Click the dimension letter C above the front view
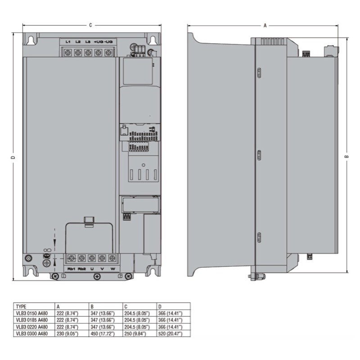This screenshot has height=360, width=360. click(x=90, y=25)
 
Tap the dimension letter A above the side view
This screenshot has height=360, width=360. click(x=265, y=26)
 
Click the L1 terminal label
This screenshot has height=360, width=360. click(x=68, y=42)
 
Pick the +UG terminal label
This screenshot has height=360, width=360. click(x=98, y=42)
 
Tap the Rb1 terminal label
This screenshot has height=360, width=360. click(x=71, y=269)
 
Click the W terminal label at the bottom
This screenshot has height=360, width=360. click(x=112, y=269)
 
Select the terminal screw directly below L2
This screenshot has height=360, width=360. click(x=78, y=53)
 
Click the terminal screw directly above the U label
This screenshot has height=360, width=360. click(x=92, y=258)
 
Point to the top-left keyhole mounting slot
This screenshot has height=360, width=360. click(x=31, y=40)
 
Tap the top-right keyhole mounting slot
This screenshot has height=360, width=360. click(x=153, y=40)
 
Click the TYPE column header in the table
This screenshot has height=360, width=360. click(x=21, y=306)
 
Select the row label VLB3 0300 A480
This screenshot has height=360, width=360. click(x=31, y=333)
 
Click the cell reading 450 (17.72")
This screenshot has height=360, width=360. click(x=103, y=333)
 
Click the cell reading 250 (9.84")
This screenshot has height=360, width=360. click(x=136, y=333)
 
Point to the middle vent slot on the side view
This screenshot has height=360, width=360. click(x=259, y=155)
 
